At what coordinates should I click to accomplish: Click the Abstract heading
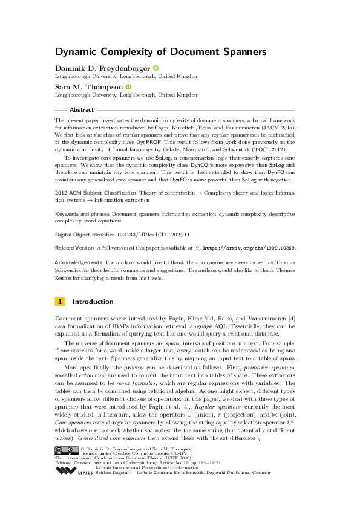[x=82, y=110]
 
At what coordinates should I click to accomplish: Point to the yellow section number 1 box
[x=59, y=302]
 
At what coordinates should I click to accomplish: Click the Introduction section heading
[x=93, y=302]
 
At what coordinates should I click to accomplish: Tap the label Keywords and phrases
[x=82, y=214]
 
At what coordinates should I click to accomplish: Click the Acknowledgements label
[x=78, y=262]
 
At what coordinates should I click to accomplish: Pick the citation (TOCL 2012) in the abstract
[x=273, y=148]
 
